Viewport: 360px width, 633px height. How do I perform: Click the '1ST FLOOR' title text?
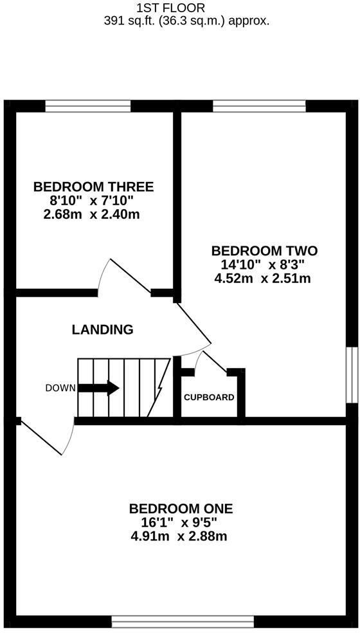[171, 8]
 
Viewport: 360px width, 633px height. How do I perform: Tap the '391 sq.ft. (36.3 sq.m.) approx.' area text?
[186, 21]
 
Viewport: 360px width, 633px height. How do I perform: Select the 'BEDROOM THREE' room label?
[94, 187]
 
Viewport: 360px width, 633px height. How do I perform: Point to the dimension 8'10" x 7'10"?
[94, 201]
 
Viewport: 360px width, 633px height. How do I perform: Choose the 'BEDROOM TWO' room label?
[264, 251]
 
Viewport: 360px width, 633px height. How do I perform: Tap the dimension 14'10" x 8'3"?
[262, 264]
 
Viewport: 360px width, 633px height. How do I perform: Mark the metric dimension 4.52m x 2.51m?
[263, 279]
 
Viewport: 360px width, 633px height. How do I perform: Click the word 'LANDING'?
[103, 330]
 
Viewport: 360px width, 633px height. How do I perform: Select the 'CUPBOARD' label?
[209, 397]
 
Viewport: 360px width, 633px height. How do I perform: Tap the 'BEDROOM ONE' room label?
[181, 509]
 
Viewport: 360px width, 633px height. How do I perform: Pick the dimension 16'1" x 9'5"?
[181, 522]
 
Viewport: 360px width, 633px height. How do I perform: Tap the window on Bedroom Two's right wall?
[352, 375]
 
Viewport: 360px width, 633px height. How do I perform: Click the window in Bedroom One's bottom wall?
[183, 621]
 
